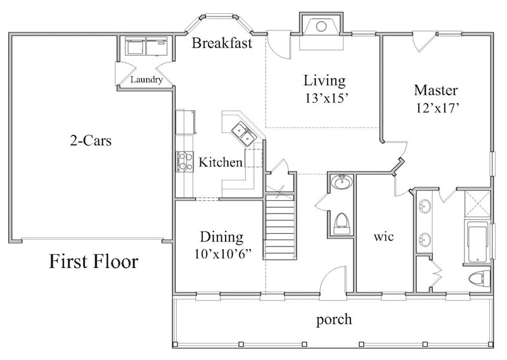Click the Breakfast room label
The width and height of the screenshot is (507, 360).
(x=222, y=44)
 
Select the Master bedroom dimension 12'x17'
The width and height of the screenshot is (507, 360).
(x=435, y=108)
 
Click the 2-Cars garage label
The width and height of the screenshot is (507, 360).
(x=91, y=141)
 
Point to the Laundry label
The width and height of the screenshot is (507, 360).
(x=146, y=80)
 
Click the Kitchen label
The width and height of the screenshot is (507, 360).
(x=221, y=163)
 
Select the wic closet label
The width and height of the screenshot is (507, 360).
(x=385, y=238)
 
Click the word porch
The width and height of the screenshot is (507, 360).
(x=333, y=319)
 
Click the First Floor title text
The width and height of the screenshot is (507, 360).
(x=94, y=260)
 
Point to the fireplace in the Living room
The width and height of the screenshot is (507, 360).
(x=320, y=27)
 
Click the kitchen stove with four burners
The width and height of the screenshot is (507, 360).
(x=184, y=162)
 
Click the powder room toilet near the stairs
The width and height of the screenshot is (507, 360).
(x=341, y=222)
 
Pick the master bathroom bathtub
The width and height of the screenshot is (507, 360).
(x=477, y=241)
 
